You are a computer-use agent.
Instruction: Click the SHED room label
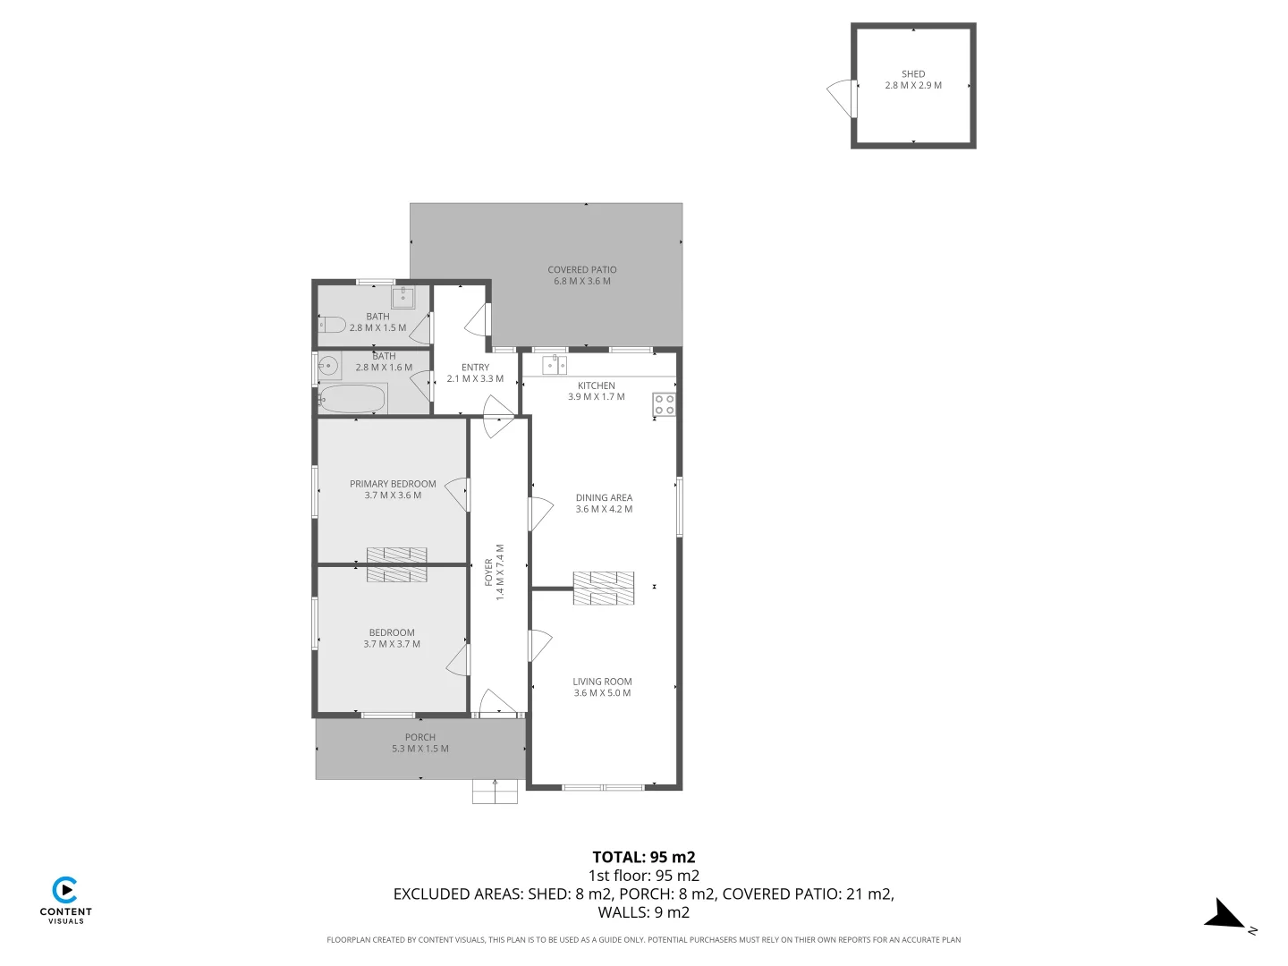pos(913,74)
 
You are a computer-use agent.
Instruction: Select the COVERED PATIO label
pos(581,269)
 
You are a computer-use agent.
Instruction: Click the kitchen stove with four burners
pos(664,404)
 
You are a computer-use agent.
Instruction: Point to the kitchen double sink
pos(555,365)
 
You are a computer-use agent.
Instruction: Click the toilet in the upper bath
pos(332,325)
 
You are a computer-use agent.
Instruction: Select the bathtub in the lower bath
pos(352,399)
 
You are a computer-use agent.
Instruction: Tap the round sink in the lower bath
pos(329,365)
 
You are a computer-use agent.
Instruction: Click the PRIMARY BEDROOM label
pos(393,484)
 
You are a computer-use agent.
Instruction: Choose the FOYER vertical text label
pos(488,572)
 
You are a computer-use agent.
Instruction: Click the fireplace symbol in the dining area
pos(604,588)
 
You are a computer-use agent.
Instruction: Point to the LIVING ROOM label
pos(602,682)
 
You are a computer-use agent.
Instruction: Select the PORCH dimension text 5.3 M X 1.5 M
pos(420,749)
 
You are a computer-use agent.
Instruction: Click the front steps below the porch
pos(495,792)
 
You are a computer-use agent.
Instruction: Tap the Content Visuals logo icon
pos(65,891)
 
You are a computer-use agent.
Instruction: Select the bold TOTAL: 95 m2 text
pos(644,857)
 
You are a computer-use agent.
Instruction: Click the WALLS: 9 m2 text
pos(644,912)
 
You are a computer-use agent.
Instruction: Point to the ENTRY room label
pos(475,368)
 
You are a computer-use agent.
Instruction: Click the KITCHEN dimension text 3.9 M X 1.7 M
pos(597,396)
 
